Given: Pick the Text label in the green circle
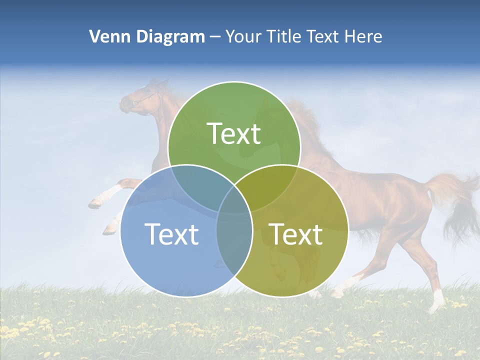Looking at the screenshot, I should click(234, 133).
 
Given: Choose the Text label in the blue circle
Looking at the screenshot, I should click(171, 233).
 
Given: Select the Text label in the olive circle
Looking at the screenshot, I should click(296, 233).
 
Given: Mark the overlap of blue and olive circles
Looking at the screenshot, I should click(234, 245).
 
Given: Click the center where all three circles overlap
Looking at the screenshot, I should click(234, 202).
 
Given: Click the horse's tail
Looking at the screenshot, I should click(455, 200).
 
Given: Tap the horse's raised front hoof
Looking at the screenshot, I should click(95, 203).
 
